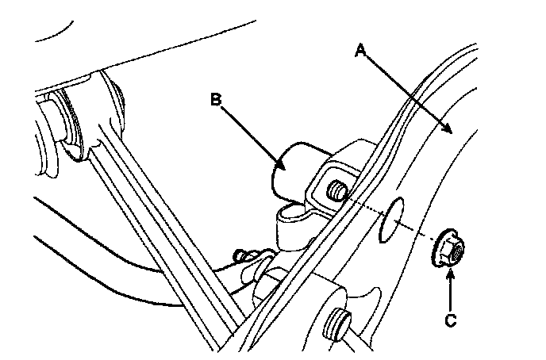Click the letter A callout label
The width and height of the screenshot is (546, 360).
click(x=360, y=50)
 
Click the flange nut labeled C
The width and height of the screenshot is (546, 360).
click(x=449, y=250)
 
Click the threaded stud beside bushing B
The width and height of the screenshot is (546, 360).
click(x=336, y=191)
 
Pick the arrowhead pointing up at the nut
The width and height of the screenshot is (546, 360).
click(x=449, y=272)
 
